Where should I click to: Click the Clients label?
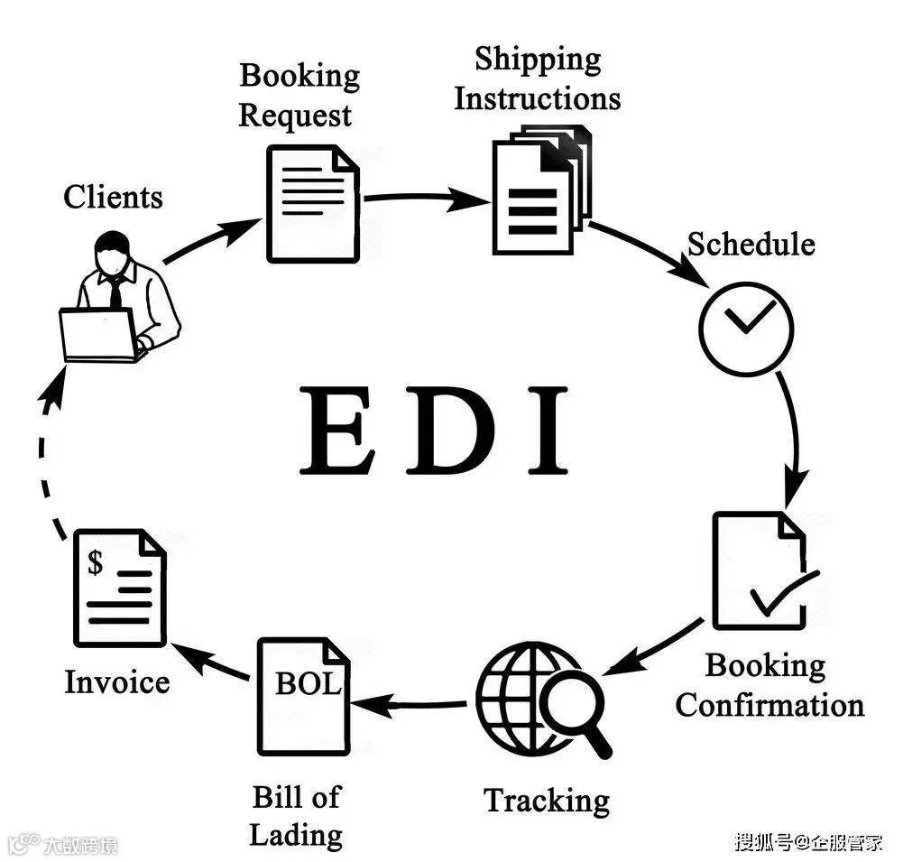(113, 197)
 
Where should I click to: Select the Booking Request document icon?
(312, 203)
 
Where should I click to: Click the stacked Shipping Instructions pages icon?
(540, 190)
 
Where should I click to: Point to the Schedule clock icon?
(746, 329)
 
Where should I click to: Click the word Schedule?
(751, 245)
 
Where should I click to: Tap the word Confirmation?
(769, 705)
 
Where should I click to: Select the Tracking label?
(546, 801)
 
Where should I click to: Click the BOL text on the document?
(307, 683)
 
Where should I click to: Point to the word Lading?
(295, 835)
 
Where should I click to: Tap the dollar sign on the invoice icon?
(95, 563)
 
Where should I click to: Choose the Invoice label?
(116, 682)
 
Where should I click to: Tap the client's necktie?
(116, 291)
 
